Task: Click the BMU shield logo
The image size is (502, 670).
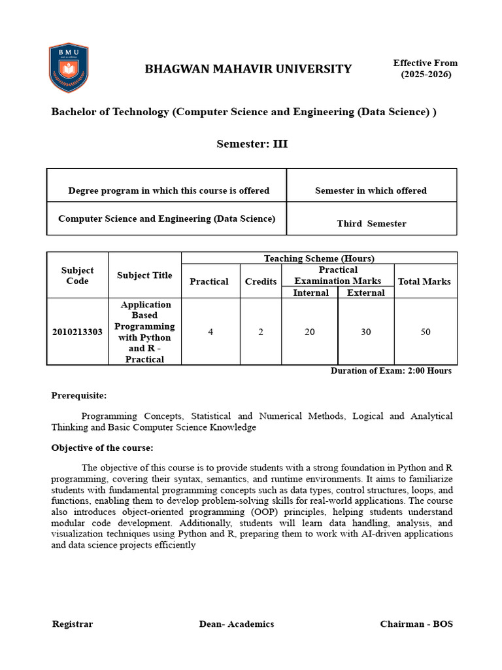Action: [x=69, y=68]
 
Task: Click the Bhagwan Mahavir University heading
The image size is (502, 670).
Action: [x=248, y=69]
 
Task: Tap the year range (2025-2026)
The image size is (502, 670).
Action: [x=426, y=74]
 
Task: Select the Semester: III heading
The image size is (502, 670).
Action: [x=252, y=144]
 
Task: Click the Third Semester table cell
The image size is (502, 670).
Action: [x=371, y=224]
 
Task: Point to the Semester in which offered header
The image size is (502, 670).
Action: [x=371, y=190]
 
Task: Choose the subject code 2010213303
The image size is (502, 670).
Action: [x=77, y=332]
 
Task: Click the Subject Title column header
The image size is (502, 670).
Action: [x=144, y=275]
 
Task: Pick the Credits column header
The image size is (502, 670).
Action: [x=261, y=281]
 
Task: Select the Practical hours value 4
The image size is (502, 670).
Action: [x=210, y=332]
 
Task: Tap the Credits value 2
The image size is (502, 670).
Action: [x=261, y=332]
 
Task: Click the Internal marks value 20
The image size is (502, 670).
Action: [x=310, y=332]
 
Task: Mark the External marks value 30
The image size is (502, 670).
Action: [x=366, y=332]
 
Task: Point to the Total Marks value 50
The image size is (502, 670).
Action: [x=426, y=332]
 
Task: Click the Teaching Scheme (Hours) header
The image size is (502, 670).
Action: [x=319, y=258]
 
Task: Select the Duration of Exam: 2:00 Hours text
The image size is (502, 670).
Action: [x=391, y=370]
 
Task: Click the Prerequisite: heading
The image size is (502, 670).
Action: [x=79, y=395]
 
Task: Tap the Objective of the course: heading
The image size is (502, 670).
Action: [x=103, y=448]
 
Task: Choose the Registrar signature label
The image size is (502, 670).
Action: [x=73, y=624]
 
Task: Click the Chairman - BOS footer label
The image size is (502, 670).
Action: [x=416, y=624]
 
